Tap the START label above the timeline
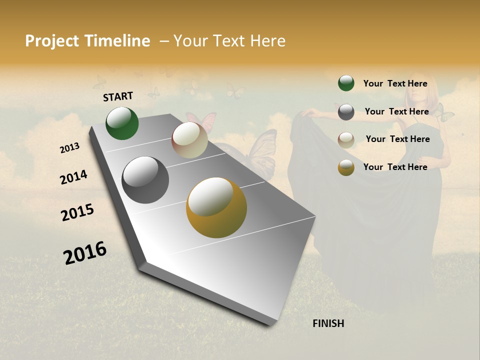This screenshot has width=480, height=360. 118,96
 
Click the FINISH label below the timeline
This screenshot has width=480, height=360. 328,323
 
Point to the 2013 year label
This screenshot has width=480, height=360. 69,148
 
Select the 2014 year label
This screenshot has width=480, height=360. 73,177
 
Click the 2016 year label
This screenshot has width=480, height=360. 85,253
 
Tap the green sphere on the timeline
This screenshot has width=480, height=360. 122,123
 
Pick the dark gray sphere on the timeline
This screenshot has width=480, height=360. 145,180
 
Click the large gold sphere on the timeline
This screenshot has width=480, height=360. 216,207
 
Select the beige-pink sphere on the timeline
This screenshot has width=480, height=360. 189,140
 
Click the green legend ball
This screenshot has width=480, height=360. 346,83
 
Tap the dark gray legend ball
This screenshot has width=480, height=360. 346,112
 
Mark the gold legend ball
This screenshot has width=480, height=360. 346,167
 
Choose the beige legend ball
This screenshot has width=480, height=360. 346,139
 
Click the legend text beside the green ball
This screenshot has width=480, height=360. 395,83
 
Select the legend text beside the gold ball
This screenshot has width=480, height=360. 395,167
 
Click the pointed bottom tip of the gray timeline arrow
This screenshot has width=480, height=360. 270,324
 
